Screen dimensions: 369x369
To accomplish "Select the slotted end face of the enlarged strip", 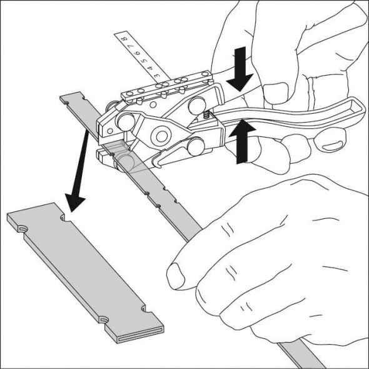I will click(139, 332).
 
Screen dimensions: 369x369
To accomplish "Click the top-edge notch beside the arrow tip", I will click(65, 218).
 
